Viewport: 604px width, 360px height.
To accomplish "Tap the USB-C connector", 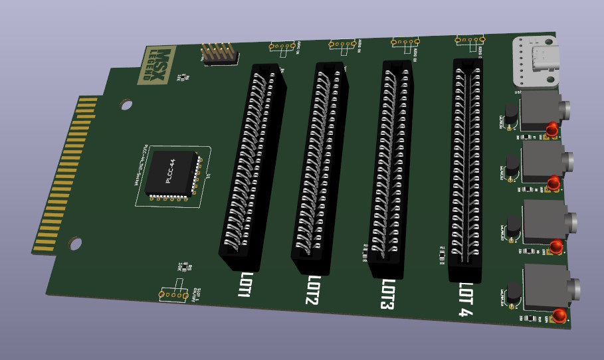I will click(536, 61).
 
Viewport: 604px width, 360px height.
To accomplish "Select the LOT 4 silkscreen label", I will click(467, 300).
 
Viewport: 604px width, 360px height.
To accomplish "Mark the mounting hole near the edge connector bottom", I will click(76, 244).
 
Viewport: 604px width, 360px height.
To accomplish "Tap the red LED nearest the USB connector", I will click(552, 129).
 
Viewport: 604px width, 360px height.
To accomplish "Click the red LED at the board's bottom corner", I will click(561, 315).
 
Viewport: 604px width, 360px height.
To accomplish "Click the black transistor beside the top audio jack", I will click(511, 113).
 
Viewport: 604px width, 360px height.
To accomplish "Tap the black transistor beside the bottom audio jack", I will click(513, 294).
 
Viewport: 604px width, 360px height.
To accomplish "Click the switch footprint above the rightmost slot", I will click(468, 41).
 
